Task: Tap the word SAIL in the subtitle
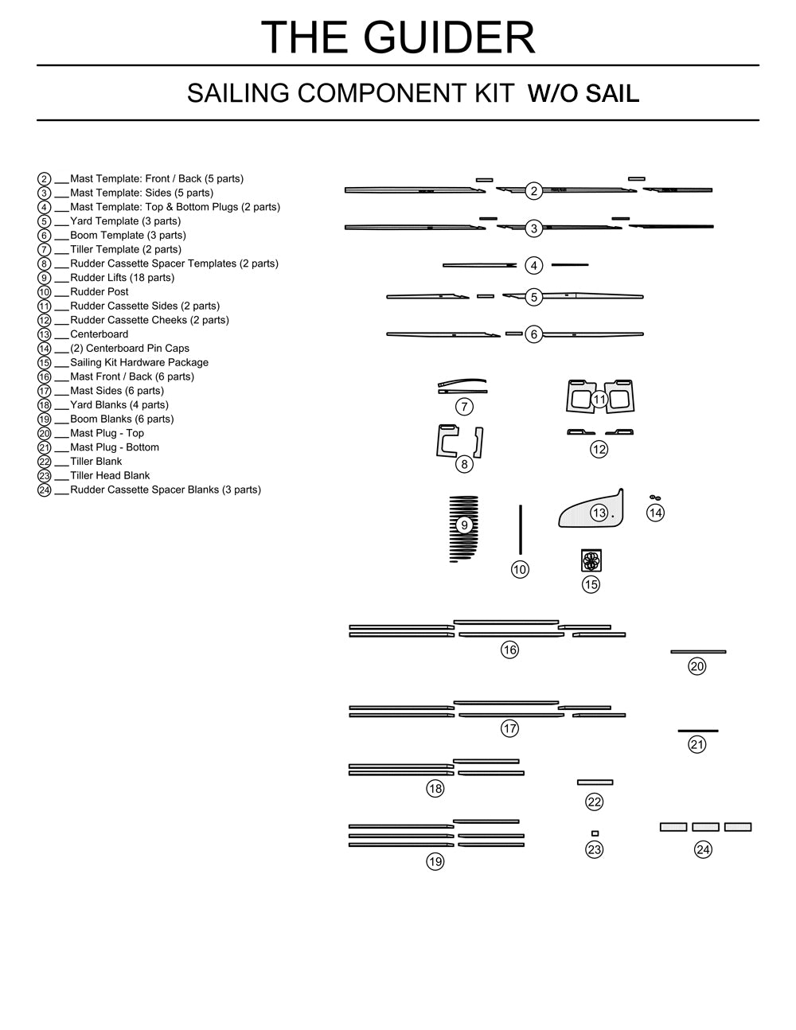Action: pyautogui.click(x=612, y=94)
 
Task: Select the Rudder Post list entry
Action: pyautogui.click(x=99, y=292)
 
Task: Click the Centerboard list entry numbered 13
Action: pyautogui.click(x=99, y=334)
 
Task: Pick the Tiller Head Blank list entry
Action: pyautogui.click(x=110, y=476)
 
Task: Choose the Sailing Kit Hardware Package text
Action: pyautogui.click(x=139, y=363)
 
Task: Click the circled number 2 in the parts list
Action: pyautogui.click(x=45, y=180)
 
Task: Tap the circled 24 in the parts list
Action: pyautogui.click(x=45, y=490)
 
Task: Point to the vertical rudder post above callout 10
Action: pyautogui.click(x=520, y=529)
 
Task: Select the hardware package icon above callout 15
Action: pyautogui.click(x=591, y=560)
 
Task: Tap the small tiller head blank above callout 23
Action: pyautogui.click(x=595, y=833)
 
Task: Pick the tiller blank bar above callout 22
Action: pyautogui.click(x=595, y=782)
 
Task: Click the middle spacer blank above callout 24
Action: pyautogui.click(x=705, y=827)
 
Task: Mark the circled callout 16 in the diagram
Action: pyautogui.click(x=509, y=650)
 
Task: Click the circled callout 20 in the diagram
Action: pyautogui.click(x=697, y=666)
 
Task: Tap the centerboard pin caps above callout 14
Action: pyautogui.click(x=655, y=498)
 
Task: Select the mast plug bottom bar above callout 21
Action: pyautogui.click(x=698, y=731)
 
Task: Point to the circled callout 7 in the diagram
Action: pyautogui.click(x=464, y=407)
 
